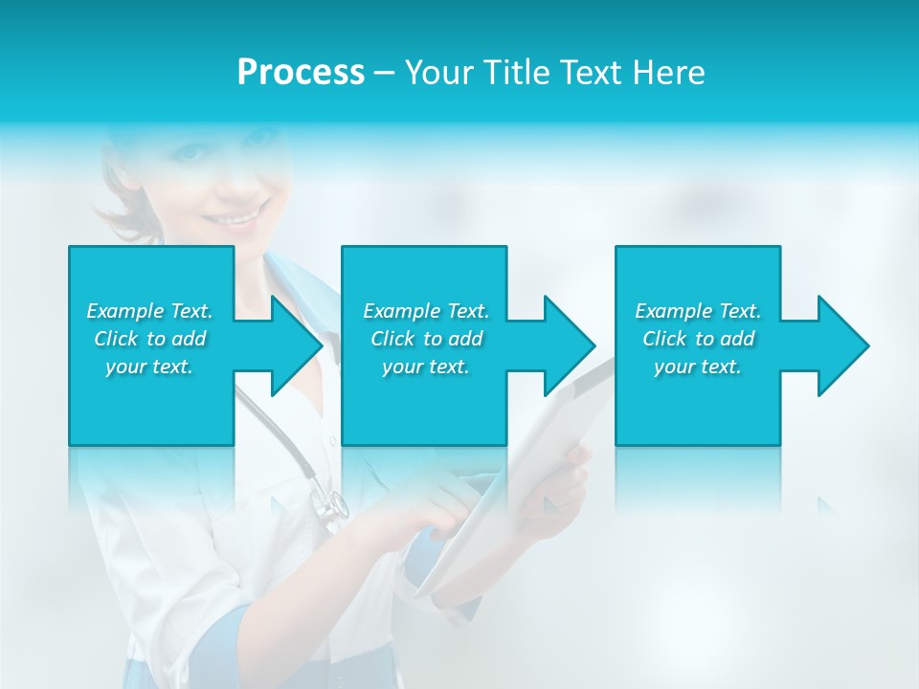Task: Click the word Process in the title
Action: point(301,73)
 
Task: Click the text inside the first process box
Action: point(149,339)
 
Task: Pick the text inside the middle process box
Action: point(426,339)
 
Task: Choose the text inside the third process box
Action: point(698,339)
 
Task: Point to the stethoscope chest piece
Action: point(331,508)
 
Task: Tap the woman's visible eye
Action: point(191,152)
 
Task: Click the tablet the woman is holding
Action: point(517,498)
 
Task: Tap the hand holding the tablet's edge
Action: point(565,488)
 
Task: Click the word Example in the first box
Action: point(125,311)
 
